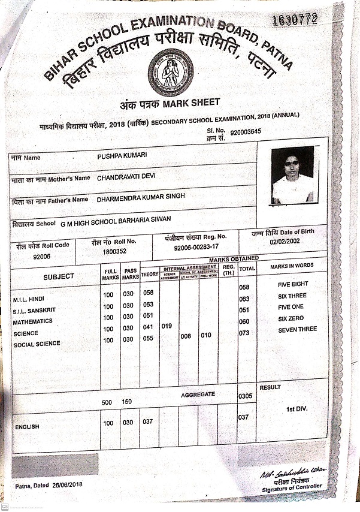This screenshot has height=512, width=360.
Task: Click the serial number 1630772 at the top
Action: pos(294,20)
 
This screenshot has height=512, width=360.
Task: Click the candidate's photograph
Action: pos(292,174)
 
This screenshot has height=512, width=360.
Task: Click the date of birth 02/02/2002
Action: pos(285,242)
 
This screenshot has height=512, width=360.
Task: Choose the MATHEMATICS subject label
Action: pos(32,322)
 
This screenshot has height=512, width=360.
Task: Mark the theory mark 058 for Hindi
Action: pos(149,293)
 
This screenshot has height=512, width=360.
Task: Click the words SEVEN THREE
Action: pos(297,330)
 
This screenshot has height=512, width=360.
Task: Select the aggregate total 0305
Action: pos(245,396)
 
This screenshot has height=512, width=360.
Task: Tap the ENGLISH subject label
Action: pos(27,427)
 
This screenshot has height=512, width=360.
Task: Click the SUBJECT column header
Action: pos(59,276)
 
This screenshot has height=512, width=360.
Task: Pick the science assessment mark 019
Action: pos(168,327)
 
